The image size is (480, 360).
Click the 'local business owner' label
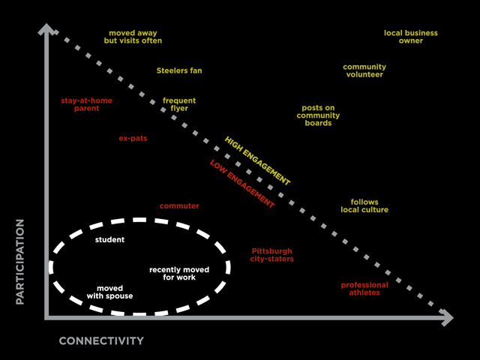point(410,37)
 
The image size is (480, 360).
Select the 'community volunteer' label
point(364,70)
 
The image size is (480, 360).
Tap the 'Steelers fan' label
point(179,70)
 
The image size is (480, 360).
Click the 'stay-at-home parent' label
point(80,103)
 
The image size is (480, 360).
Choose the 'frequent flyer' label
point(179,104)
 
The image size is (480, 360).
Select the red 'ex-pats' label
point(133,138)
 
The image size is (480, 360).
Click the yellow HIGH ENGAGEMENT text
point(257,160)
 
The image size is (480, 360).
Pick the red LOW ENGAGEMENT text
point(241,184)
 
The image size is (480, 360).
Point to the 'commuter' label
point(179,205)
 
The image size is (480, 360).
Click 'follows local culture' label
point(364,205)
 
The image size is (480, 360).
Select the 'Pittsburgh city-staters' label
point(271,255)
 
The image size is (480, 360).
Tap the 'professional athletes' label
point(364,288)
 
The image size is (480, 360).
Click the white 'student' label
point(110,240)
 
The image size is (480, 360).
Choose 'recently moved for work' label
point(179,273)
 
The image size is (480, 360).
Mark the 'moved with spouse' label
point(115,292)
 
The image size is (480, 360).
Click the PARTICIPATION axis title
point(20,261)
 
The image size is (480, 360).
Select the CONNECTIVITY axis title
point(101,341)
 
